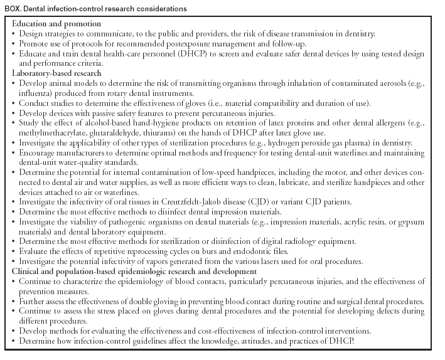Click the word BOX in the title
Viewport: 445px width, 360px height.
[x=14, y=9]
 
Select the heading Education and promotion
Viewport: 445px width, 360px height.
[x=56, y=24]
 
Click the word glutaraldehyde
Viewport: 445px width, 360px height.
[x=126, y=134]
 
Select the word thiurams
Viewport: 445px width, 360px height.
[x=172, y=134]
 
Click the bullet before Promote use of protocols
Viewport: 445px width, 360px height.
[x=14, y=43]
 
